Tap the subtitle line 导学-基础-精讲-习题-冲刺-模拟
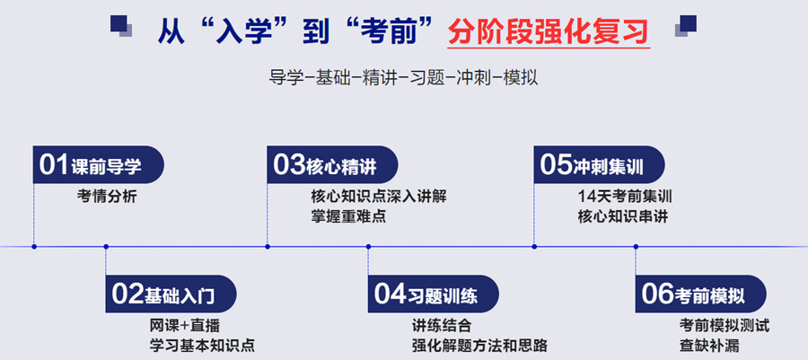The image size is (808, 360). [x=403, y=77]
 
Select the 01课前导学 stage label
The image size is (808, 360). [x=98, y=164]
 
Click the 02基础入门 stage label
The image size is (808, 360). [x=171, y=294]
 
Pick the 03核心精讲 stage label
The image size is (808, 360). [x=332, y=164]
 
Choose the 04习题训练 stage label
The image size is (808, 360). [x=433, y=294]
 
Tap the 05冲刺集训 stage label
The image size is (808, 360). [x=598, y=164]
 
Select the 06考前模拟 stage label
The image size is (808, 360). [x=699, y=294]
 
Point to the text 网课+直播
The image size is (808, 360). [x=185, y=325]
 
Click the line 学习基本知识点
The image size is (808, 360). [x=202, y=345]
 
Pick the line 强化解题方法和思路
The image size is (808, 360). [x=479, y=345]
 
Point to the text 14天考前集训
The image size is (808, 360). [x=626, y=196]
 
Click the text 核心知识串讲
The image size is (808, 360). [x=623, y=216]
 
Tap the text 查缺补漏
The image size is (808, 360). [x=709, y=345]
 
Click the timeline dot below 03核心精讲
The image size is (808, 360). [x=268, y=246]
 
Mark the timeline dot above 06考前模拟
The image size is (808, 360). [x=636, y=246]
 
